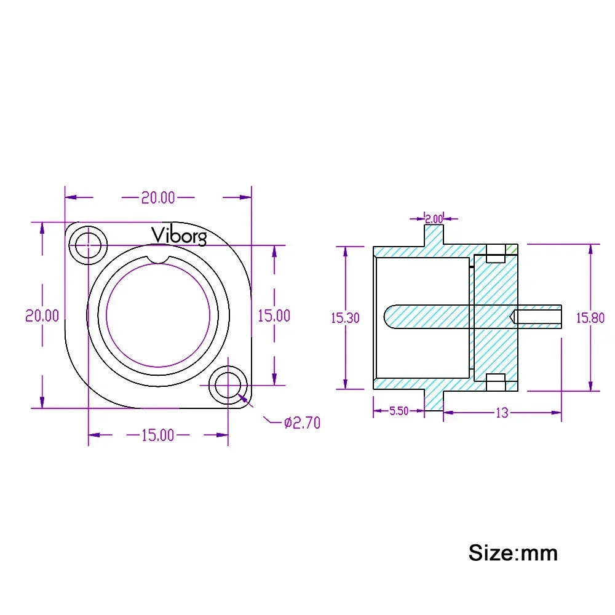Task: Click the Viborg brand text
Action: click(179, 236)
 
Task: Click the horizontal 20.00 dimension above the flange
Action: click(158, 197)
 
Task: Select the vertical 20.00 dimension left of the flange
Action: click(42, 315)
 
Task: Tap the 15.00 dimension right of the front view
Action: click(274, 315)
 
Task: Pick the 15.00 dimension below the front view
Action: click(157, 435)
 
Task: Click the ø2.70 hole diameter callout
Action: click(302, 423)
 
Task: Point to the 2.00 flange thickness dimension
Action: click(434, 218)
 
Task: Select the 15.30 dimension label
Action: click(345, 318)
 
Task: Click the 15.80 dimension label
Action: click(590, 318)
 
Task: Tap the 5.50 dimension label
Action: click(399, 411)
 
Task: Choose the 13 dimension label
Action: click(502, 413)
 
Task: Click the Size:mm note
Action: click(513, 553)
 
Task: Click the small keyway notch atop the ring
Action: click(158, 259)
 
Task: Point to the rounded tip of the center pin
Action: click(387, 317)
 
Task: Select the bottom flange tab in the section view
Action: click(434, 400)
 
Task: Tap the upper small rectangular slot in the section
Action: click(496, 253)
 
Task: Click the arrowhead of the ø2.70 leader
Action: click(243, 399)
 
